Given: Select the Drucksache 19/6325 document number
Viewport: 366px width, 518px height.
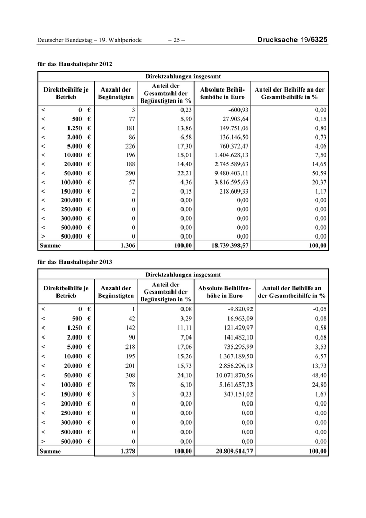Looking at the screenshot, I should pyautogui.click(x=293, y=40).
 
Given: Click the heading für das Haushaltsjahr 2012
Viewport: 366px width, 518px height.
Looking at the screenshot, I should pyautogui.click(x=75, y=64).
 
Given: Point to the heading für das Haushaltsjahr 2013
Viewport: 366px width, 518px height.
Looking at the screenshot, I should pyautogui.click(x=75, y=261).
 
